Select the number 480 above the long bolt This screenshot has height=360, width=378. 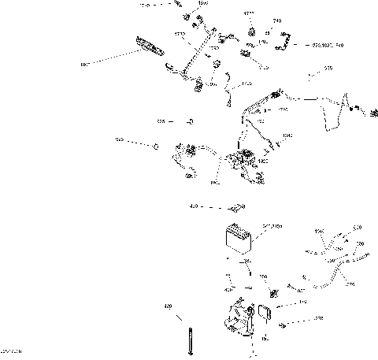(x=168, y=305)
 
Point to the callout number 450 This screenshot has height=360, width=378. (x=193, y=208)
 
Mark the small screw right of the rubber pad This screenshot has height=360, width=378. (x=281, y=323)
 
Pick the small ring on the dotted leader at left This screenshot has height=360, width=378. (x=156, y=147)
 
